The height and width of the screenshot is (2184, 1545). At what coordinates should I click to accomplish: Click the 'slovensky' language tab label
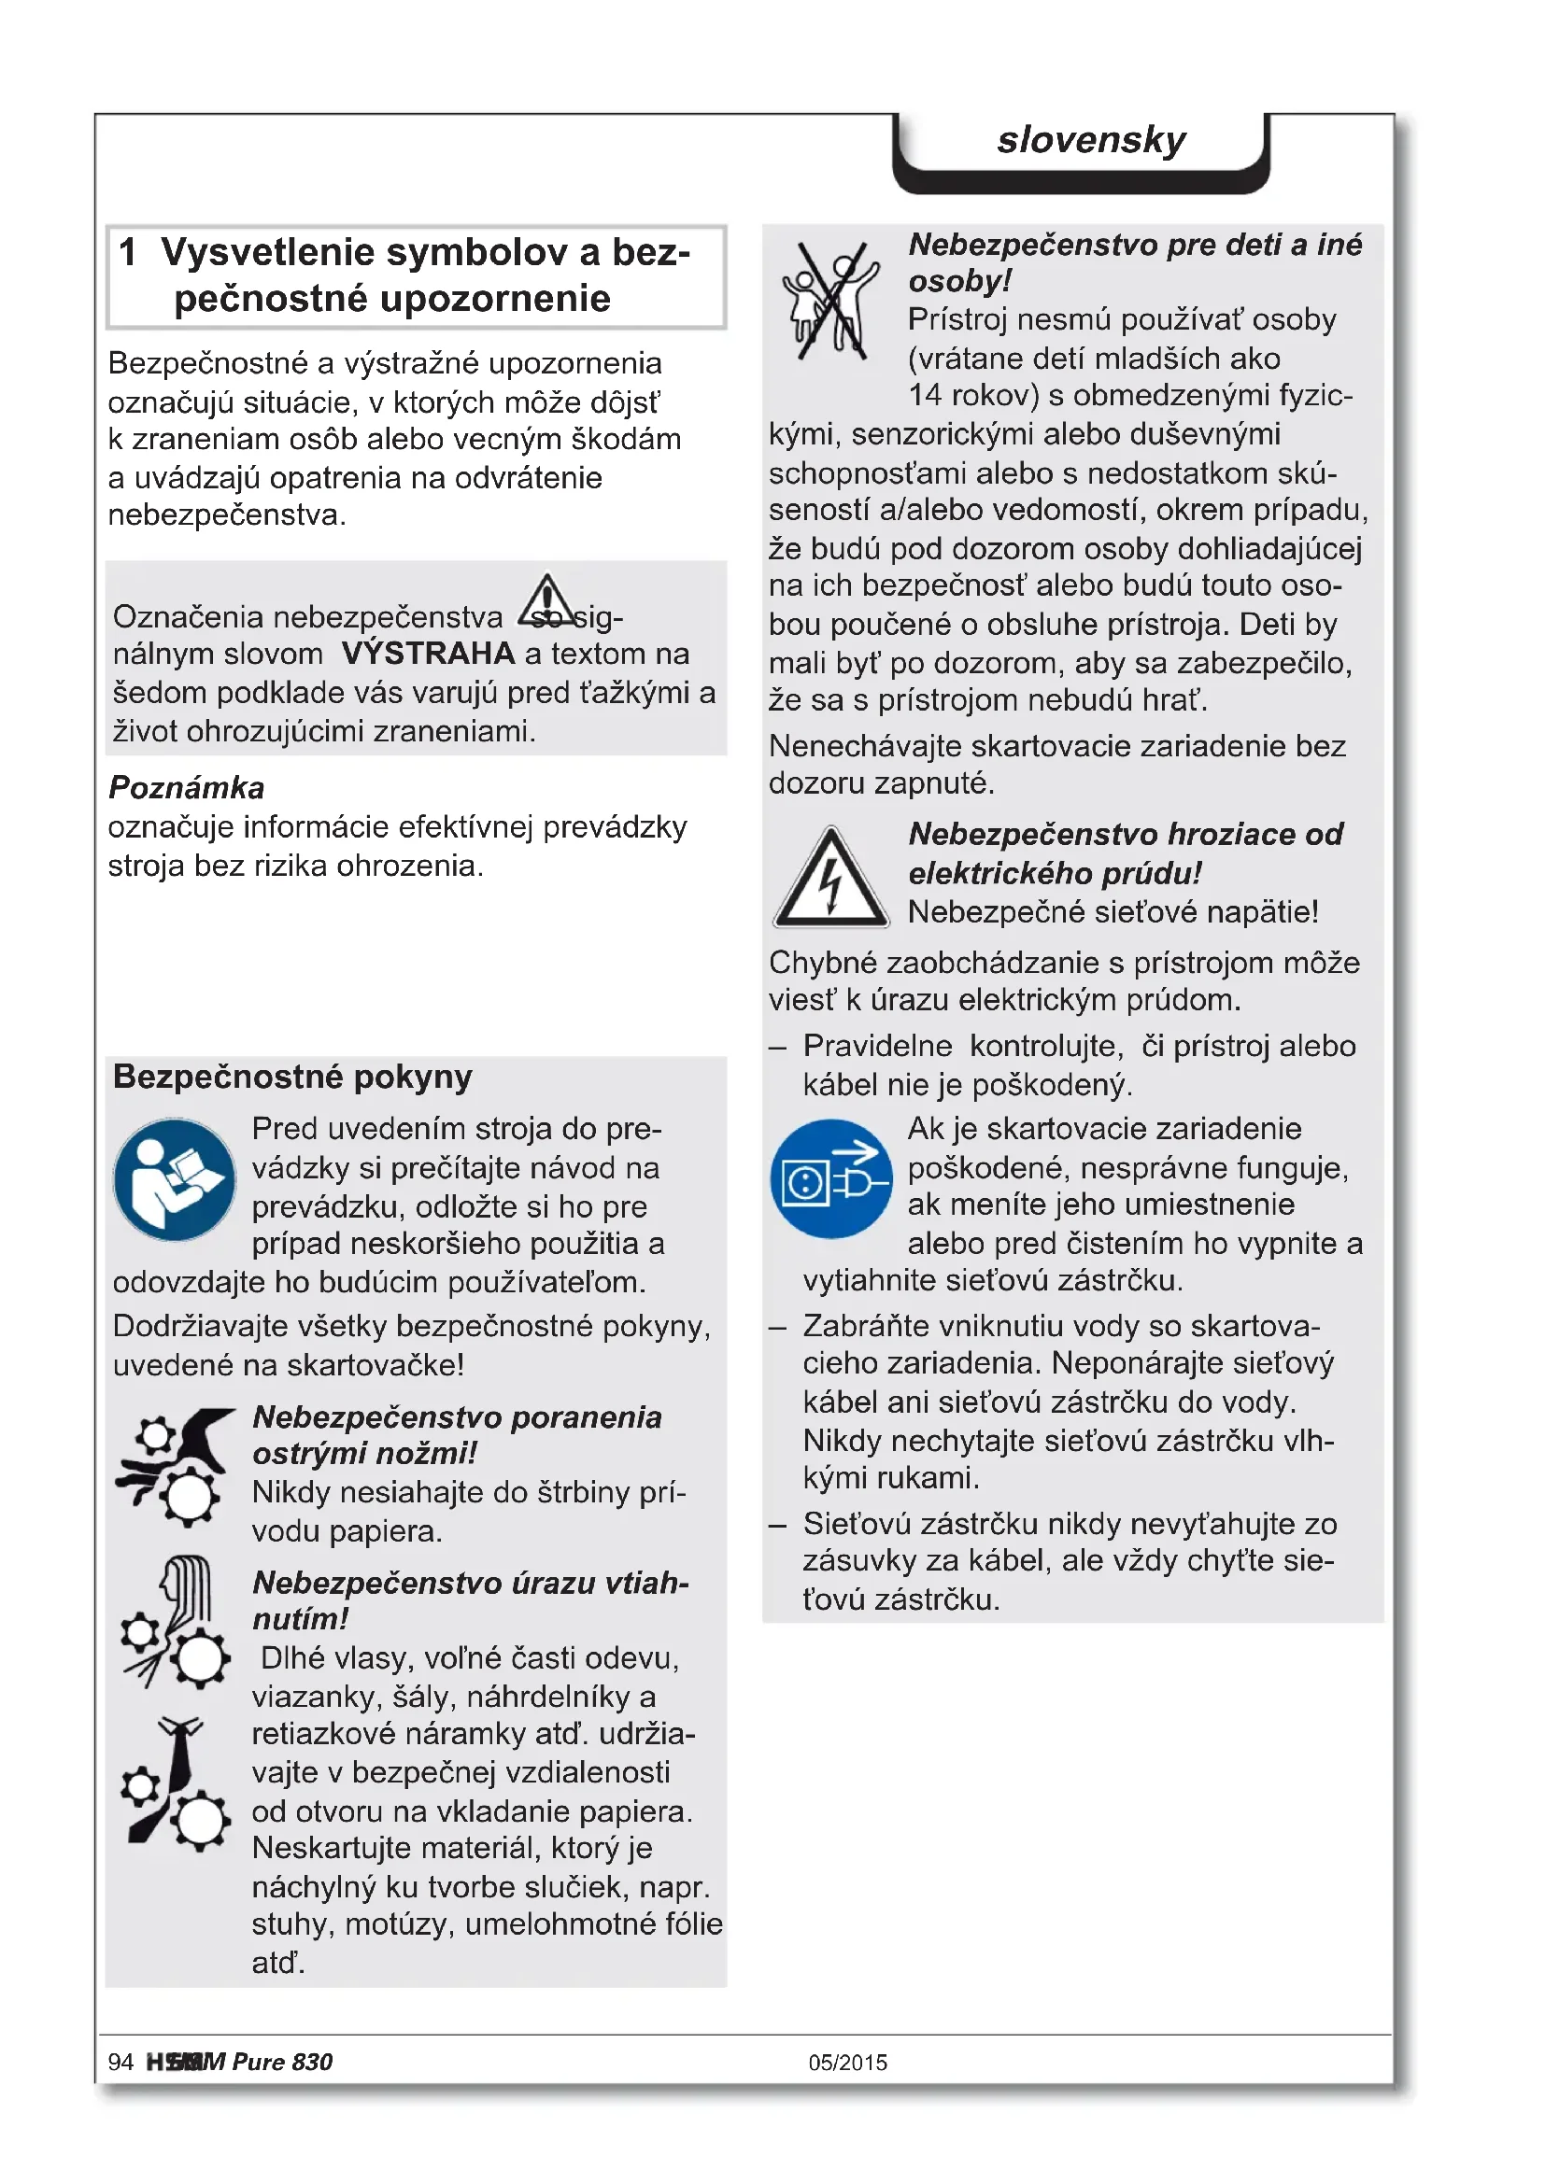click(1090, 141)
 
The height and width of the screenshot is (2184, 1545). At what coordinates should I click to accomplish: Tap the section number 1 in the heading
click(127, 253)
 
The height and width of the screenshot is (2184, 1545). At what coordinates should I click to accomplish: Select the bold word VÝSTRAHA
click(428, 654)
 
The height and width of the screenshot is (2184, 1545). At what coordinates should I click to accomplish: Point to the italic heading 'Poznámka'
click(187, 788)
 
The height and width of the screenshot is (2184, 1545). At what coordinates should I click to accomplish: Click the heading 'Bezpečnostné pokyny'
click(292, 1077)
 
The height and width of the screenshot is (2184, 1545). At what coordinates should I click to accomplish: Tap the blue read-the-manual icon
click(174, 1179)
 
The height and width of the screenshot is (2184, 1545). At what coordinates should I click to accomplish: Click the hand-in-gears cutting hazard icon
click(176, 1466)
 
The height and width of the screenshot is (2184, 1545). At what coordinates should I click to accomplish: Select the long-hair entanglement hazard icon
click(176, 1623)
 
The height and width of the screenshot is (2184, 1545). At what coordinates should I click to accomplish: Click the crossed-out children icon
click(829, 300)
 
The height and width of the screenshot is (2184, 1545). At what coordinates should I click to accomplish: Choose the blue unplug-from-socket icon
click(830, 1178)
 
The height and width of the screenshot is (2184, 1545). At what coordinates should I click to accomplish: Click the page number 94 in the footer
click(120, 2063)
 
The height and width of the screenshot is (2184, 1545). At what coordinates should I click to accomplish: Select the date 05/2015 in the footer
click(847, 2063)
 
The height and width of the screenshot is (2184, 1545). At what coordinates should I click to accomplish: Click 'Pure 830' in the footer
click(282, 2063)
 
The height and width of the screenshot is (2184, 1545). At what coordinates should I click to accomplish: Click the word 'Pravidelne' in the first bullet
click(877, 1047)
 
